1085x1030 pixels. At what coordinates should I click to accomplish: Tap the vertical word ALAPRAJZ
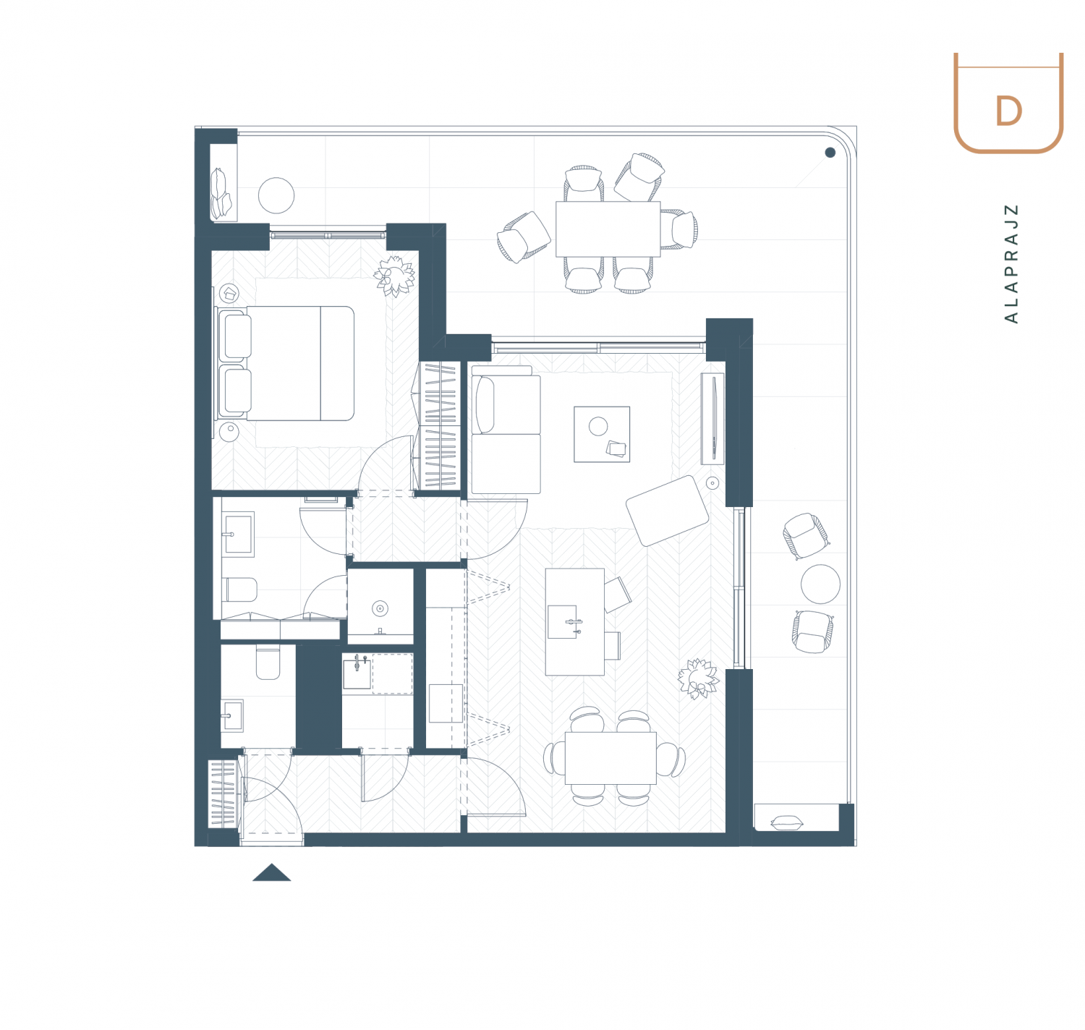tap(1010, 264)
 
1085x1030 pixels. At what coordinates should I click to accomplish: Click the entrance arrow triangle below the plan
tap(271, 872)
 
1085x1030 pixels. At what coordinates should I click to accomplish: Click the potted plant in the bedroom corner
tap(394, 276)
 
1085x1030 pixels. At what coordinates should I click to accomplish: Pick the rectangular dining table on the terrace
tap(608, 229)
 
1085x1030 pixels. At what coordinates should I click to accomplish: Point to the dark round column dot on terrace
tap(830, 153)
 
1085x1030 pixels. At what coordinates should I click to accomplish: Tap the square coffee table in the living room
tap(602, 435)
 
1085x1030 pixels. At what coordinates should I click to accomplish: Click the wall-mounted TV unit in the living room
tap(712, 419)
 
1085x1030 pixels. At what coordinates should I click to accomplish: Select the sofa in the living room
tap(506, 430)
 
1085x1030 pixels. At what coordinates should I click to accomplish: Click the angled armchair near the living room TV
tap(667, 511)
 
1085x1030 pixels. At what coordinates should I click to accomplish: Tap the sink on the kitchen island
tap(563, 621)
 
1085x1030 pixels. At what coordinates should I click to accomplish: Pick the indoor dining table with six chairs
tap(610, 758)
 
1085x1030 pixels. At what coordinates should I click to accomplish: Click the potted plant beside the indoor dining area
tap(698, 679)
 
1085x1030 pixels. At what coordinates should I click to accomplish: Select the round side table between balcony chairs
tap(820, 584)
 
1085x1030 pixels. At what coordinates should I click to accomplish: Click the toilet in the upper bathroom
tap(240, 590)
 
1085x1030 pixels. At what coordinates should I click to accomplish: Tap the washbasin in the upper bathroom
tap(238, 535)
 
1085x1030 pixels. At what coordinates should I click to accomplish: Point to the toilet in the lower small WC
tap(268, 663)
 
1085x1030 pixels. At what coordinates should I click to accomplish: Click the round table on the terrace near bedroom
tap(276, 195)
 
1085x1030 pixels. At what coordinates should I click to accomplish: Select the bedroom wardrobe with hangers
tap(440, 425)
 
